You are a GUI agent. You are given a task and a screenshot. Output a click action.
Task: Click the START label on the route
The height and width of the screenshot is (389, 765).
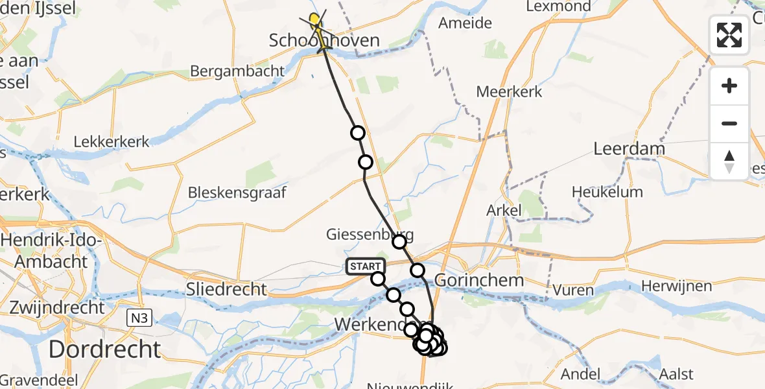(366, 266)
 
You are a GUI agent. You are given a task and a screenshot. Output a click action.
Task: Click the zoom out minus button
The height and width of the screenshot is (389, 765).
(729, 123)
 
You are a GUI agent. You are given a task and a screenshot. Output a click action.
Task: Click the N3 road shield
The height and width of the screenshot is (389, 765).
(137, 317)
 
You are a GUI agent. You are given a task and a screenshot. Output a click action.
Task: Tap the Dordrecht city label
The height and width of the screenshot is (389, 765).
(104, 349)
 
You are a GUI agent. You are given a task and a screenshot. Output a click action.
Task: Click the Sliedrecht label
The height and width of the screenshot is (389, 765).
(226, 289)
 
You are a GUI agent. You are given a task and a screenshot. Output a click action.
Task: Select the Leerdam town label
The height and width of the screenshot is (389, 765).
(630, 148)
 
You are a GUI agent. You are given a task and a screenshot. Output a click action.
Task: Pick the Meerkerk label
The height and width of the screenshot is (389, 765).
(509, 91)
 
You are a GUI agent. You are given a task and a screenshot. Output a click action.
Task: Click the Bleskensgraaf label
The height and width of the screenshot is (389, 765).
(237, 193)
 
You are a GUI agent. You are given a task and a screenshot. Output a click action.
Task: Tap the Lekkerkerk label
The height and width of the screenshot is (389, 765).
(112, 141)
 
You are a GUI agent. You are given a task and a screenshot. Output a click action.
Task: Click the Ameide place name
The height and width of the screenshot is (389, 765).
(465, 23)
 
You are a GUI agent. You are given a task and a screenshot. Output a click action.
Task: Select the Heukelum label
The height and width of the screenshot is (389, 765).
(607, 192)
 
